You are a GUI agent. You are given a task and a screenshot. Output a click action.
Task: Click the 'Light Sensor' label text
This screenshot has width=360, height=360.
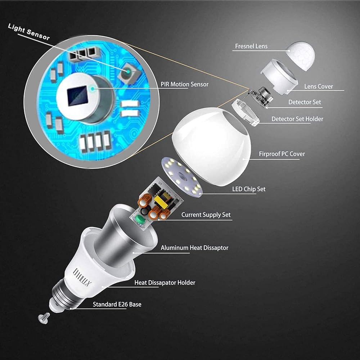(29, 32)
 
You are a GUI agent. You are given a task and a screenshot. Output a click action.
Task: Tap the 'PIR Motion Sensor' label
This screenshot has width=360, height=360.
(184, 84)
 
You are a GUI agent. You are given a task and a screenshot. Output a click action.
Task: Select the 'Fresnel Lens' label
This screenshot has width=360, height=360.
(251, 46)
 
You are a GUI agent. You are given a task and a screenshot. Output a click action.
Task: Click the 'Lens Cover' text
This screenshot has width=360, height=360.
(319, 86)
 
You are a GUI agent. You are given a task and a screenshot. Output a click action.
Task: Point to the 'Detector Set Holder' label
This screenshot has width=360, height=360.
(297, 119)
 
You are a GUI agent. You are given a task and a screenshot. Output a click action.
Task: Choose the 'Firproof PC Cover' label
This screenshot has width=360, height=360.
(282, 154)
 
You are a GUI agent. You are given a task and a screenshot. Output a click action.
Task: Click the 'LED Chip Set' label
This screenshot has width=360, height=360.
(249, 189)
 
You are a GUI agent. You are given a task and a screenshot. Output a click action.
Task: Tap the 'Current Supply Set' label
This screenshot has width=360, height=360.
(206, 215)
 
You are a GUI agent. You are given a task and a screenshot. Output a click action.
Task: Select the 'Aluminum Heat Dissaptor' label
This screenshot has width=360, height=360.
(194, 248)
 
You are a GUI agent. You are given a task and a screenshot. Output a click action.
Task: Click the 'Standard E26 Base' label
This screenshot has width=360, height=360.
(117, 304)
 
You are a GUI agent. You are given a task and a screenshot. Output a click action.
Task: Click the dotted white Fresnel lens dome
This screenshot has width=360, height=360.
(301, 55)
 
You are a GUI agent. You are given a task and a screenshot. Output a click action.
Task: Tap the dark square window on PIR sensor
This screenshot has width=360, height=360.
(78, 96)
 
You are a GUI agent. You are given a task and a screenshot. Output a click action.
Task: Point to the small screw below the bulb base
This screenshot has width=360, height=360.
(44, 318)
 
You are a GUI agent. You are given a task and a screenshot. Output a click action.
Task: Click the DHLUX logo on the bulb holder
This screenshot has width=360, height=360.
(82, 278)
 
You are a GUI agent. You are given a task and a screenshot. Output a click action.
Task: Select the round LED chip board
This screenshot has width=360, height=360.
(183, 177)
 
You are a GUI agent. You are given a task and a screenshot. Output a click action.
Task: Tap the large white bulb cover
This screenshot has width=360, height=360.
(211, 146)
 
